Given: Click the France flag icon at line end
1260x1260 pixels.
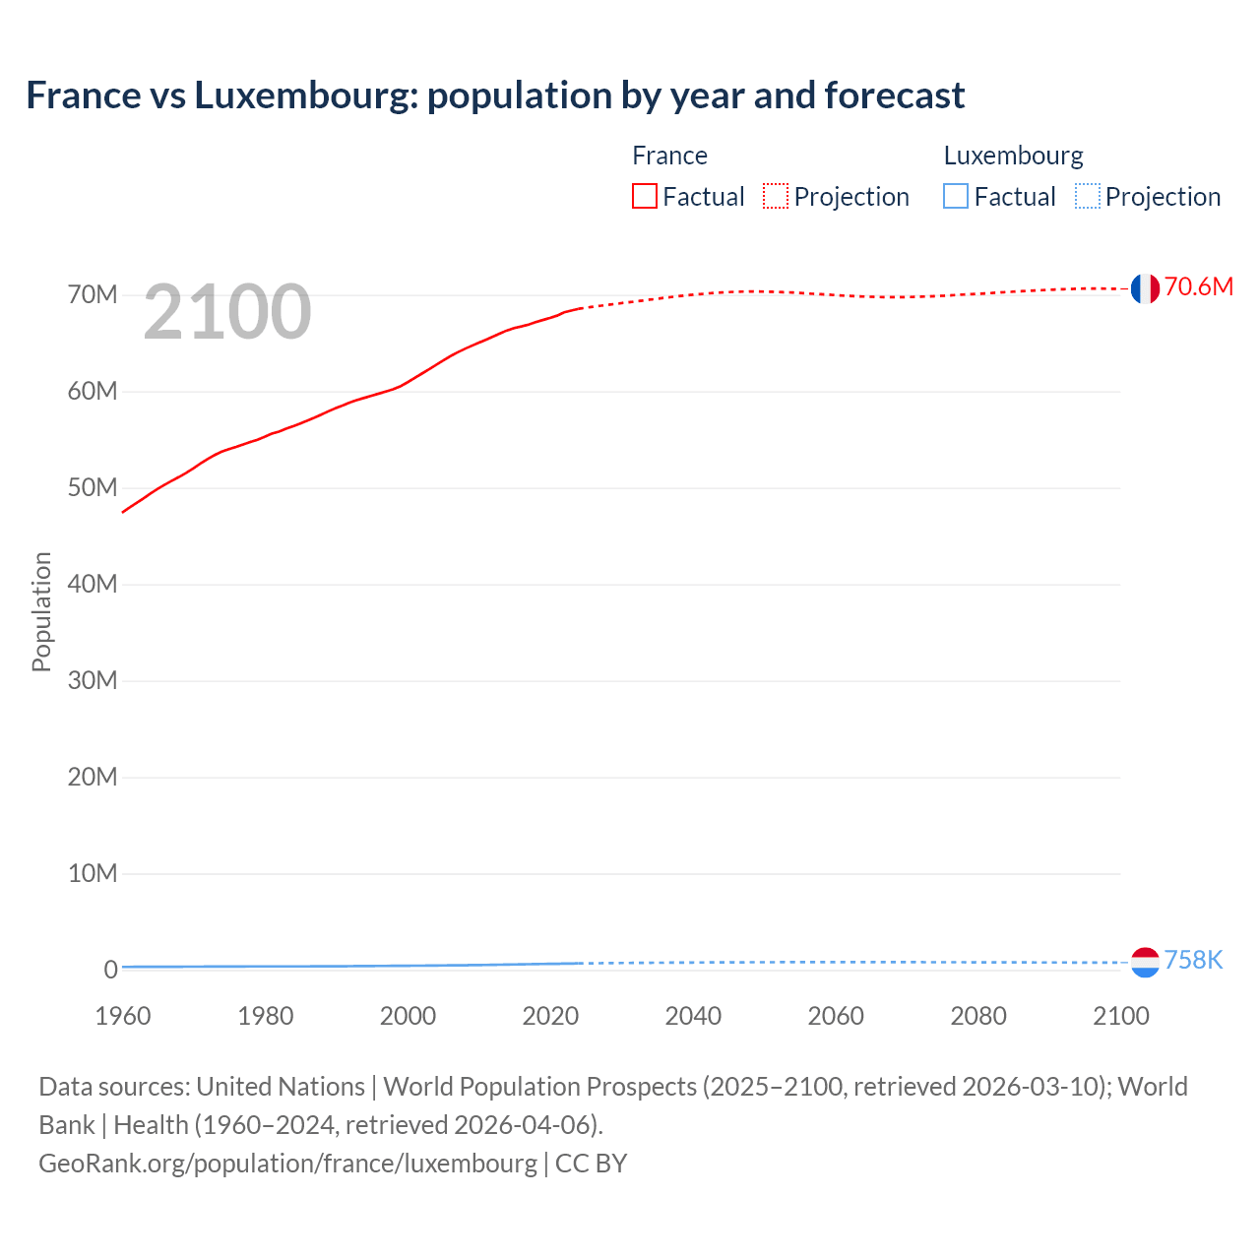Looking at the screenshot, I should click(x=1145, y=288).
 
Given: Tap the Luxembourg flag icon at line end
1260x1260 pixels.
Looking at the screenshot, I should click(x=1145, y=962).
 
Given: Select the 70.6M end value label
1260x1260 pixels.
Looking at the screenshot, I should click(x=1198, y=286).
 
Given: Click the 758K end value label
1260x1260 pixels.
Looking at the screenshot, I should click(x=1193, y=960).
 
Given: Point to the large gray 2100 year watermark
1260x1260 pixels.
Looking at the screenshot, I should click(x=227, y=312).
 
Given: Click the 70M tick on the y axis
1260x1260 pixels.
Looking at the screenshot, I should click(x=93, y=295).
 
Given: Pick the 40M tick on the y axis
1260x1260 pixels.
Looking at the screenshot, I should click(x=93, y=585).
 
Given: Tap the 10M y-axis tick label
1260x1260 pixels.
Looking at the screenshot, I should click(x=93, y=873).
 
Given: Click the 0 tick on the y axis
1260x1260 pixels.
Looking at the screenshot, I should click(x=110, y=970).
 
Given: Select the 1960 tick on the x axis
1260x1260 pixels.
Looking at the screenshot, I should click(x=123, y=1016).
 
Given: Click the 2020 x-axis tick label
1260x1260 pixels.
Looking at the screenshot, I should click(x=550, y=1016).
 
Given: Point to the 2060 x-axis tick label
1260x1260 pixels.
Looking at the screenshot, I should click(x=836, y=1016).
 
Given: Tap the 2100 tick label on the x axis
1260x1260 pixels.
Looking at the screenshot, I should click(x=1120, y=1016).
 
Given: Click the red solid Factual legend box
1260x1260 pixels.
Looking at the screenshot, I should click(x=645, y=197).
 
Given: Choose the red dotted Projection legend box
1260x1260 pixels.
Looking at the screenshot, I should click(x=776, y=197).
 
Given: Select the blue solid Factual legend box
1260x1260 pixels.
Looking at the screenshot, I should click(x=956, y=197).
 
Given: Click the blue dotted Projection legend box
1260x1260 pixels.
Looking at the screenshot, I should click(x=1088, y=197).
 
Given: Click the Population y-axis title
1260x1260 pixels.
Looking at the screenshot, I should click(x=41, y=611).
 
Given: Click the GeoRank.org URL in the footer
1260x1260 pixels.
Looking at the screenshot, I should click(x=287, y=1164).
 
